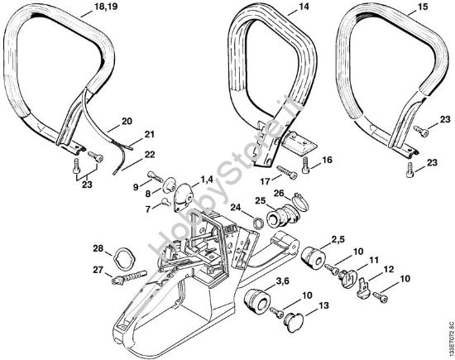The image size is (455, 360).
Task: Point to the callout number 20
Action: click(x=127, y=121)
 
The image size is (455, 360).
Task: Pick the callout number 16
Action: click(x=327, y=160)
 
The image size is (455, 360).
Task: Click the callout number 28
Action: click(x=97, y=248)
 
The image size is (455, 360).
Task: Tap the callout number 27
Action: click(x=97, y=269)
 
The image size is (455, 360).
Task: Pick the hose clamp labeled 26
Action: click(x=299, y=200)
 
